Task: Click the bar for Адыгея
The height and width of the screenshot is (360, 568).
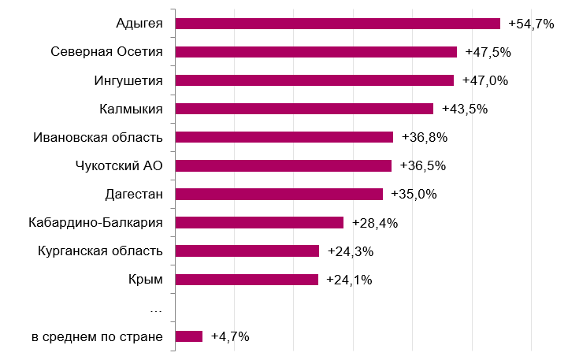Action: point(337,24)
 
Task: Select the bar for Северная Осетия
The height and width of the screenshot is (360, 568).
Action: point(316,52)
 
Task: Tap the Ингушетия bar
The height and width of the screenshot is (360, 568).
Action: point(314,80)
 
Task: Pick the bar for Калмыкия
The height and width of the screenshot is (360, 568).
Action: point(304,109)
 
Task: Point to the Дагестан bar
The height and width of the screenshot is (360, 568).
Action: point(279,194)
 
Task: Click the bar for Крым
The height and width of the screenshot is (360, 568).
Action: point(247,279)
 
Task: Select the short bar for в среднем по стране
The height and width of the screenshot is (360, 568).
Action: point(189,336)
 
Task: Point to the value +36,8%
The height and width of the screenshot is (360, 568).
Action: point(425,137)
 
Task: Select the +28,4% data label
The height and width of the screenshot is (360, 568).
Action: point(375,223)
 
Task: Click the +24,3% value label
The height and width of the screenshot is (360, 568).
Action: point(351,251)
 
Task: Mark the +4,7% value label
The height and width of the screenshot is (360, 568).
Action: point(230,337)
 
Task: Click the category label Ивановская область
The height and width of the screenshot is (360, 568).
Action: point(98,137)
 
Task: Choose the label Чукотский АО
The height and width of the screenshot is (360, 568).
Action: point(119,165)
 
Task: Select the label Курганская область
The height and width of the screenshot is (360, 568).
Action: point(100,251)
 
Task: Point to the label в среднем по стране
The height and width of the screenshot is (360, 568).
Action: point(98,337)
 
